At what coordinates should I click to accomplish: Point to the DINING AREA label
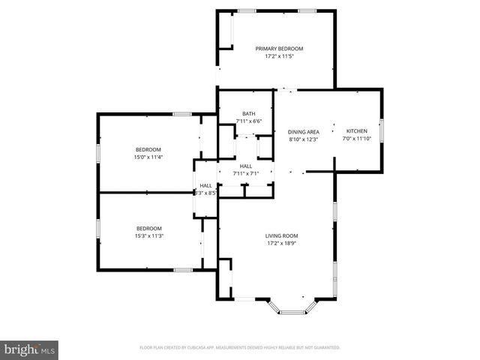pos(304,131)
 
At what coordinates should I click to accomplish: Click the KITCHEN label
pos(356,131)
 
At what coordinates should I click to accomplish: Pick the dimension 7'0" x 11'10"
pos(356,139)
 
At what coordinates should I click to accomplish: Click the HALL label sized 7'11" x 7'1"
pos(245,166)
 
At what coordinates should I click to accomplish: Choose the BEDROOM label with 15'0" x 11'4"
pos(148,149)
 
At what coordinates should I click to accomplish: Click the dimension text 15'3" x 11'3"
pos(149,236)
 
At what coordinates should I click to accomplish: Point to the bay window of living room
pos(293,308)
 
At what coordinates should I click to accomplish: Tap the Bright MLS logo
pos(30,349)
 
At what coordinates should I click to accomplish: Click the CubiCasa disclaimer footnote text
pos(240,348)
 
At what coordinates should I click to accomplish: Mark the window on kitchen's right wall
pos(381,130)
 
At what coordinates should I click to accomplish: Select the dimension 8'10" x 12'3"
pos(304,139)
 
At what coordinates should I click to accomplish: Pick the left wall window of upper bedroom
pos(97,152)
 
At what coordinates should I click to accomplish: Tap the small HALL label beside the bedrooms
pos(205,185)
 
